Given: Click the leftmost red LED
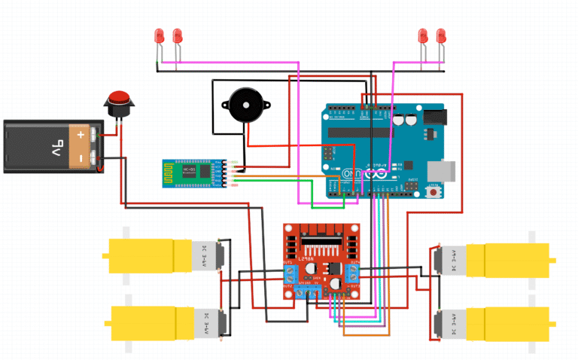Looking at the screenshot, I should (x=159, y=35).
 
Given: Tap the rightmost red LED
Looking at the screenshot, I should (x=442, y=35).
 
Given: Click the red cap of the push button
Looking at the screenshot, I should (x=118, y=97).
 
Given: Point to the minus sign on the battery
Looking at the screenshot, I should (x=78, y=158).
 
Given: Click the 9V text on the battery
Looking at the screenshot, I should (x=38, y=145).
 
